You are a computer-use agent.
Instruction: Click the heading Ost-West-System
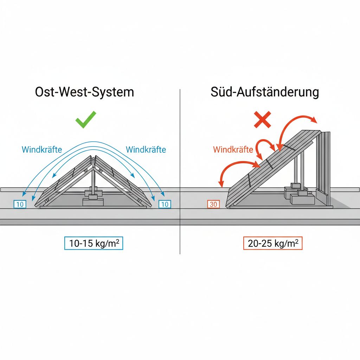pyautogui.click(x=84, y=92)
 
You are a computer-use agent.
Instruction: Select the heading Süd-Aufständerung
pyautogui.click(x=265, y=92)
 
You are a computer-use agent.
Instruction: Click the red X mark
pyautogui.click(x=263, y=120)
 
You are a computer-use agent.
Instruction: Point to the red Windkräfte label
pyautogui.click(x=233, y=150)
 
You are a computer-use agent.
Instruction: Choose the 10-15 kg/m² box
pyautogui.click(x=93, y=244)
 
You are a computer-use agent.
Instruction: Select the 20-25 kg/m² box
pyautogui.click(x=273, y=244)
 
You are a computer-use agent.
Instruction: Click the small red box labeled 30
pyautogui.click(x=213, y=204)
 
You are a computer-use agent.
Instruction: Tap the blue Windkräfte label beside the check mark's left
pyautogui.click(x=41, y=149)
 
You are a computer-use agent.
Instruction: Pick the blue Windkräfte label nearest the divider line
pyautogui.click(x=146, y=149)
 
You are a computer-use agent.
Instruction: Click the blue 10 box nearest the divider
pyautogui.click(x=165, y=204)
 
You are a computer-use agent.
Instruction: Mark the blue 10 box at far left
pyautogui.click(x=20, y=204)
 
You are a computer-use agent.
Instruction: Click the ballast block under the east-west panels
pyautogui.click(x=93, y=202)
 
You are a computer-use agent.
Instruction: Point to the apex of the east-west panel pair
pyautogui.click(x=93, y=157)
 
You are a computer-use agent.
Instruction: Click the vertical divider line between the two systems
pyautogui.click(x=180, y=169)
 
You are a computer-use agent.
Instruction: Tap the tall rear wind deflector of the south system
pyautogui.click(x=324, y=165)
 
